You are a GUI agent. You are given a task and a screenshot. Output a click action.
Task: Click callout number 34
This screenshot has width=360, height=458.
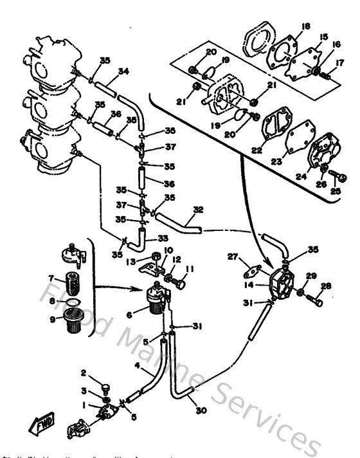pyautogui.click(x=124, y=71)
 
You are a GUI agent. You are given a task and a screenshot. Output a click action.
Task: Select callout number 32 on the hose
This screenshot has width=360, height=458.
pyautogui.click(x=198, y=209)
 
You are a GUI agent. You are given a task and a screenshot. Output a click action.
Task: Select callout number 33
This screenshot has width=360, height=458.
pyautogui.click(x=162, y=237)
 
